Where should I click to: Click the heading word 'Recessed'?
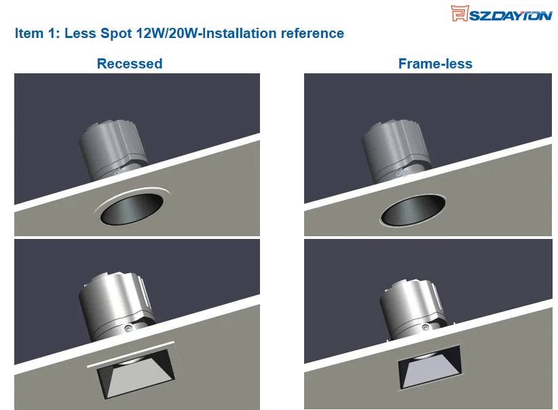coord(130,64)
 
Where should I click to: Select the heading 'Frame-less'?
coord(435,64)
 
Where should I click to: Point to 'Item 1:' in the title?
coord(37,33)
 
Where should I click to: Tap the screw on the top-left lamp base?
coord(117,173)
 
